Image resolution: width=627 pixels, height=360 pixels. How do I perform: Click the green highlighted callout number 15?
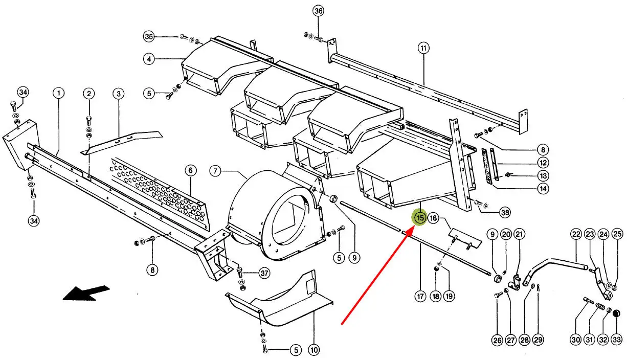click(x=420, y=217)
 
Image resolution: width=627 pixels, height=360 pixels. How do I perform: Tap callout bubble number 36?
click(x=318, y=11)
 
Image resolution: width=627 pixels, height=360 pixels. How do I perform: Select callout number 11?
click(x=423, y=48)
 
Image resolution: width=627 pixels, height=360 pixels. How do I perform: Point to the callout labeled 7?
click(x=215, y=171)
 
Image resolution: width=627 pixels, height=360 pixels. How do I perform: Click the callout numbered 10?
click(x=314, y=350)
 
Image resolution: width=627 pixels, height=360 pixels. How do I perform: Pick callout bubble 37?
click(x=264, y=273)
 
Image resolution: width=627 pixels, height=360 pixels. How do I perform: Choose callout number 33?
click(x=617, y=340)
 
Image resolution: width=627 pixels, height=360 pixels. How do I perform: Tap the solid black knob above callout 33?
click(x=616, y=313)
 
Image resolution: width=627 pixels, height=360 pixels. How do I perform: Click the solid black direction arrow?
click(x=86, y=293)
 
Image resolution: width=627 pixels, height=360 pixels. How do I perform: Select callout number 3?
click(x=119, y=94)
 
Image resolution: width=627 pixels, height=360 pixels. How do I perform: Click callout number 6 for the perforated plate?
click(x=191, y=170)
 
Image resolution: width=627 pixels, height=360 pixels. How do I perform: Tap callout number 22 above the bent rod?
click(x=576, y=234)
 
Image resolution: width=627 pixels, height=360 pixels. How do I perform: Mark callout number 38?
click(x=505, y=213)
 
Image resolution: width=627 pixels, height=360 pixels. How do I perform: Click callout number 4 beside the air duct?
click(x=149, y=59)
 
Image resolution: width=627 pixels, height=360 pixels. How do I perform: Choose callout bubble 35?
click(x=149, y=36)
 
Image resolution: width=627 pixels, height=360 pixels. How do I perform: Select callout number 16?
click(x=433, y=218)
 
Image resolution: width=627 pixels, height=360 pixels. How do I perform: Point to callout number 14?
click(x=543, y=189)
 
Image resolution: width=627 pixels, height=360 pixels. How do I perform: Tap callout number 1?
click(x=58, y=93)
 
